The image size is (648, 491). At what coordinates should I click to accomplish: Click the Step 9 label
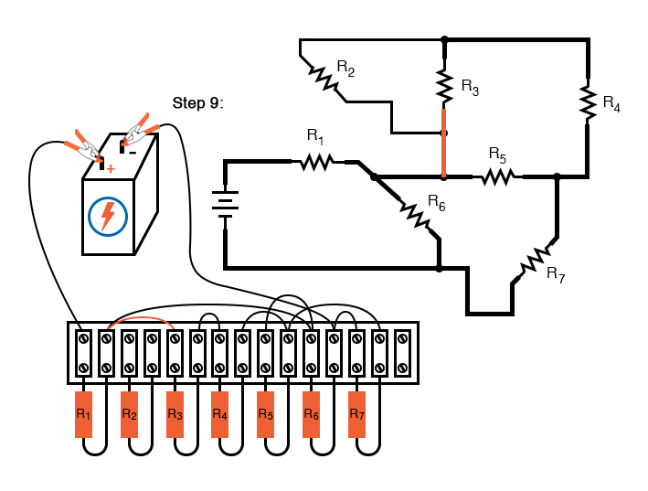pyautogui.click(x=197, y=102)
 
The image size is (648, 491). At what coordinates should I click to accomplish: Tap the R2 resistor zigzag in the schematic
pyautogui.click(x=324, y=79)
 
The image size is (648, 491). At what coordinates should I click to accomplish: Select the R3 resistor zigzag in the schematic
pyautogui.click(x=444, y=86)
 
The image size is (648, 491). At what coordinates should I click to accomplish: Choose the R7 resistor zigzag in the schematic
pyautogui.click(x=535, y=261)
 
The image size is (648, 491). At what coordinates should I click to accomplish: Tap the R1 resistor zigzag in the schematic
pyautogui.click(x=317, y=162)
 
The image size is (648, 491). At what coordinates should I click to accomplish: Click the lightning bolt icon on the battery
pyautogui.click(x=108, y=216)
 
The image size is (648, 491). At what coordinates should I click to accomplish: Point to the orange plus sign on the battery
pyautogui.click(x=111, y=169)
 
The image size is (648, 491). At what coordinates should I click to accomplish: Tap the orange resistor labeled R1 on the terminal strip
pyautogui.click(x=83, y=414)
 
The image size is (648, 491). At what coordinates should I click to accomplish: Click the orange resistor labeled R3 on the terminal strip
pyautogui.click(x=175, y=414)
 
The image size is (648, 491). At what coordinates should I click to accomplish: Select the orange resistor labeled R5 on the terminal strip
pyautogui.click(x=266, y=414)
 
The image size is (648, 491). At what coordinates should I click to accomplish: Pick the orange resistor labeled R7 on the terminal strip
pyautogui.click(x=357, y=414)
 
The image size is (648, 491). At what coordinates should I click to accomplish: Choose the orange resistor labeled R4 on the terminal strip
pyautogui.click(x=220, y=414)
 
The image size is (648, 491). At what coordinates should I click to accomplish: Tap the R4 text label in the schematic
pyautogui.click(x=611, y=102)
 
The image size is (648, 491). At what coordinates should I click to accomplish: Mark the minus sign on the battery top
pyautogui.click(x=133, y=152)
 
